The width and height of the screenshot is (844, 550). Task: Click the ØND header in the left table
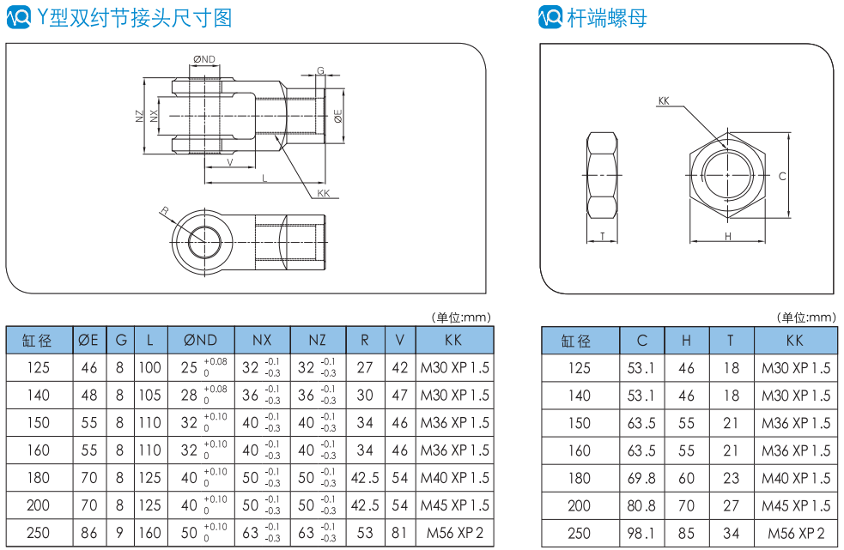(x=201, y=341)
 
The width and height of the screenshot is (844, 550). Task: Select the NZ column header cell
(x=317, y=341)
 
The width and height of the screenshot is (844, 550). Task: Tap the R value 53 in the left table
(x=365, y=533)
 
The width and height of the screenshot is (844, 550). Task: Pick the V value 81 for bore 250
(x=399, y=533)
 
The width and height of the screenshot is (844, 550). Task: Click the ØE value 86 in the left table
(x=88, y=533)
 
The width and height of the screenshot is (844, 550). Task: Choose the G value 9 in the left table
(x=120, y=533)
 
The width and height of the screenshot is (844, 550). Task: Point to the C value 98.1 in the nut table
(x=642, y=534)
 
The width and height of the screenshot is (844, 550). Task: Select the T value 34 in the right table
(x=731, y=534)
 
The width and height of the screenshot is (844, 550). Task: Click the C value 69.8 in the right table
(x=642, y=478)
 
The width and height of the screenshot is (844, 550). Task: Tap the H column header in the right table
(x=686, y=341)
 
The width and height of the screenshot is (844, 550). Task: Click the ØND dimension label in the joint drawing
(x=204, y=59)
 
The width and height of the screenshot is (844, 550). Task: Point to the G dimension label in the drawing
(x=320, y=70)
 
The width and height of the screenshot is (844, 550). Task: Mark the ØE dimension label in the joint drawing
(x=338, y=116)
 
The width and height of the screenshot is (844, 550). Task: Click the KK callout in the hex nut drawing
(x=664, y=101)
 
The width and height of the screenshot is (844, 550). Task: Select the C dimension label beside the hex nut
(x=782, y=177)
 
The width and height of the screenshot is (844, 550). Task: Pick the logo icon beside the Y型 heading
(x=18, y=17)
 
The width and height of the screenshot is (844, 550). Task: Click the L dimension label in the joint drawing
(x=264, y=178)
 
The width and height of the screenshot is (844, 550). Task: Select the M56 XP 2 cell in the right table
(x=796, y=534)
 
